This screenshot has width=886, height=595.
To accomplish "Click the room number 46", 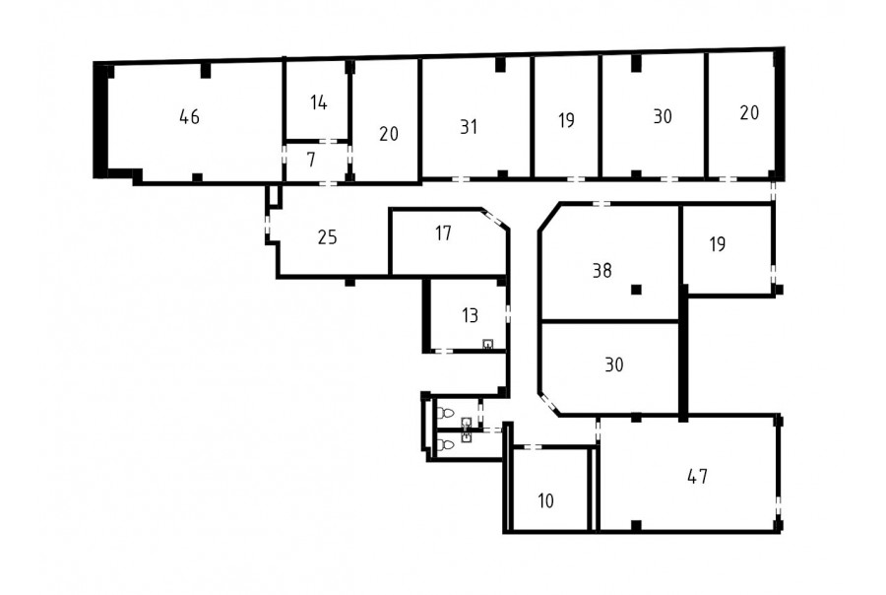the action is pyautogui.click(x=189, y=117).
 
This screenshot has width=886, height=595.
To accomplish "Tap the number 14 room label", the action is pyautogui.click(x=319, y=102).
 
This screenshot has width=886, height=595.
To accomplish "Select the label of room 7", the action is pyautogui.click(x=311, y=160).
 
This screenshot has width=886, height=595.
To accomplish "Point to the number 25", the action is pyautogui.click(x=327, y=237).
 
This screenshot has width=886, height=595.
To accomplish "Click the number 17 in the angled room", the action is pyautogui.click(x=444, y=233).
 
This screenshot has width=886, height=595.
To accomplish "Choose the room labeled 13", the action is pyautogui.click(x=471, y=315).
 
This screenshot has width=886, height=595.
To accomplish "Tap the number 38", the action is pyautogui.click(x=602, y=271).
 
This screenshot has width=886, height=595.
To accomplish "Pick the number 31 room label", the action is pyautogui.click(x=469, y=127).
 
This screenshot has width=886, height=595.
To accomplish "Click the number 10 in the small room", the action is pyautogui.click(x=545, y=500).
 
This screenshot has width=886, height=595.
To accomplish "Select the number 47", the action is pyautogui.click(x=697, y=476).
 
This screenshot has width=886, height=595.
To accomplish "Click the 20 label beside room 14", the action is pyautogui.click(x=389, y=134).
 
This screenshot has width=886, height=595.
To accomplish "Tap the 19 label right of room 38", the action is pyautogui.click(x=718, y=244).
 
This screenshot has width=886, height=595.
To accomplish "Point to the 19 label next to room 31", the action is pyautogui.click(x=566, y=120).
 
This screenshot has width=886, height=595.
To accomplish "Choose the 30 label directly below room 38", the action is pyautogui.click(x=614, y=364).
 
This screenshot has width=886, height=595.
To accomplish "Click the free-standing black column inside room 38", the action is pyautogui.click(x=637, y=291).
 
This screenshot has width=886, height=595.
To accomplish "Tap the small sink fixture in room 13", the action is pyautogui.click(x=487, y=344).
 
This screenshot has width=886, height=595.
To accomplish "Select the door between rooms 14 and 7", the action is pyautogui.click(x=328, y=141).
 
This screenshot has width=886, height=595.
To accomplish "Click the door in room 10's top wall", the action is pyautogui.click(x=532, y=447).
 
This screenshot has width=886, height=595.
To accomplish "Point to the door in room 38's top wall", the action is pyautogui.click(x=601, y=204).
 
